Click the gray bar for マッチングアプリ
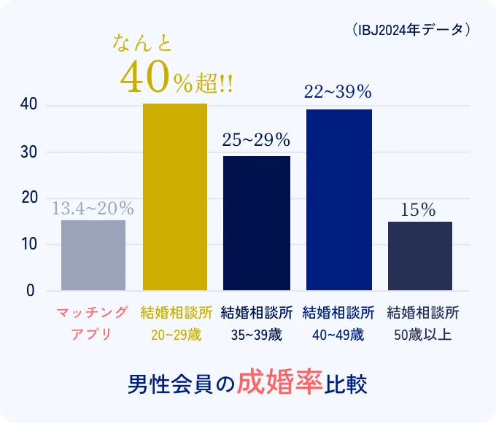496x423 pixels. pos(93,255)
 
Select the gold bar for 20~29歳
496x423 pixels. pos(175,197)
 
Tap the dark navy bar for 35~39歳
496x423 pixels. pos(256,223)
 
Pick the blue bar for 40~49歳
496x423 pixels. pos(338,200)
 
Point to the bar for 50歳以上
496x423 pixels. pos(419,256)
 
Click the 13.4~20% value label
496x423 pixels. pos(93,209)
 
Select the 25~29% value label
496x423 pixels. pos(256,139)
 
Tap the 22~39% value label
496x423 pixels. pos(338,92)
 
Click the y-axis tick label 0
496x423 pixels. pos(31,290)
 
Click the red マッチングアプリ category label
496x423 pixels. pos(93,324)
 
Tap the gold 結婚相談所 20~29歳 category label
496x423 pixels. pos(175,324)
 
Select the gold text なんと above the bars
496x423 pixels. pos(143,44)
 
